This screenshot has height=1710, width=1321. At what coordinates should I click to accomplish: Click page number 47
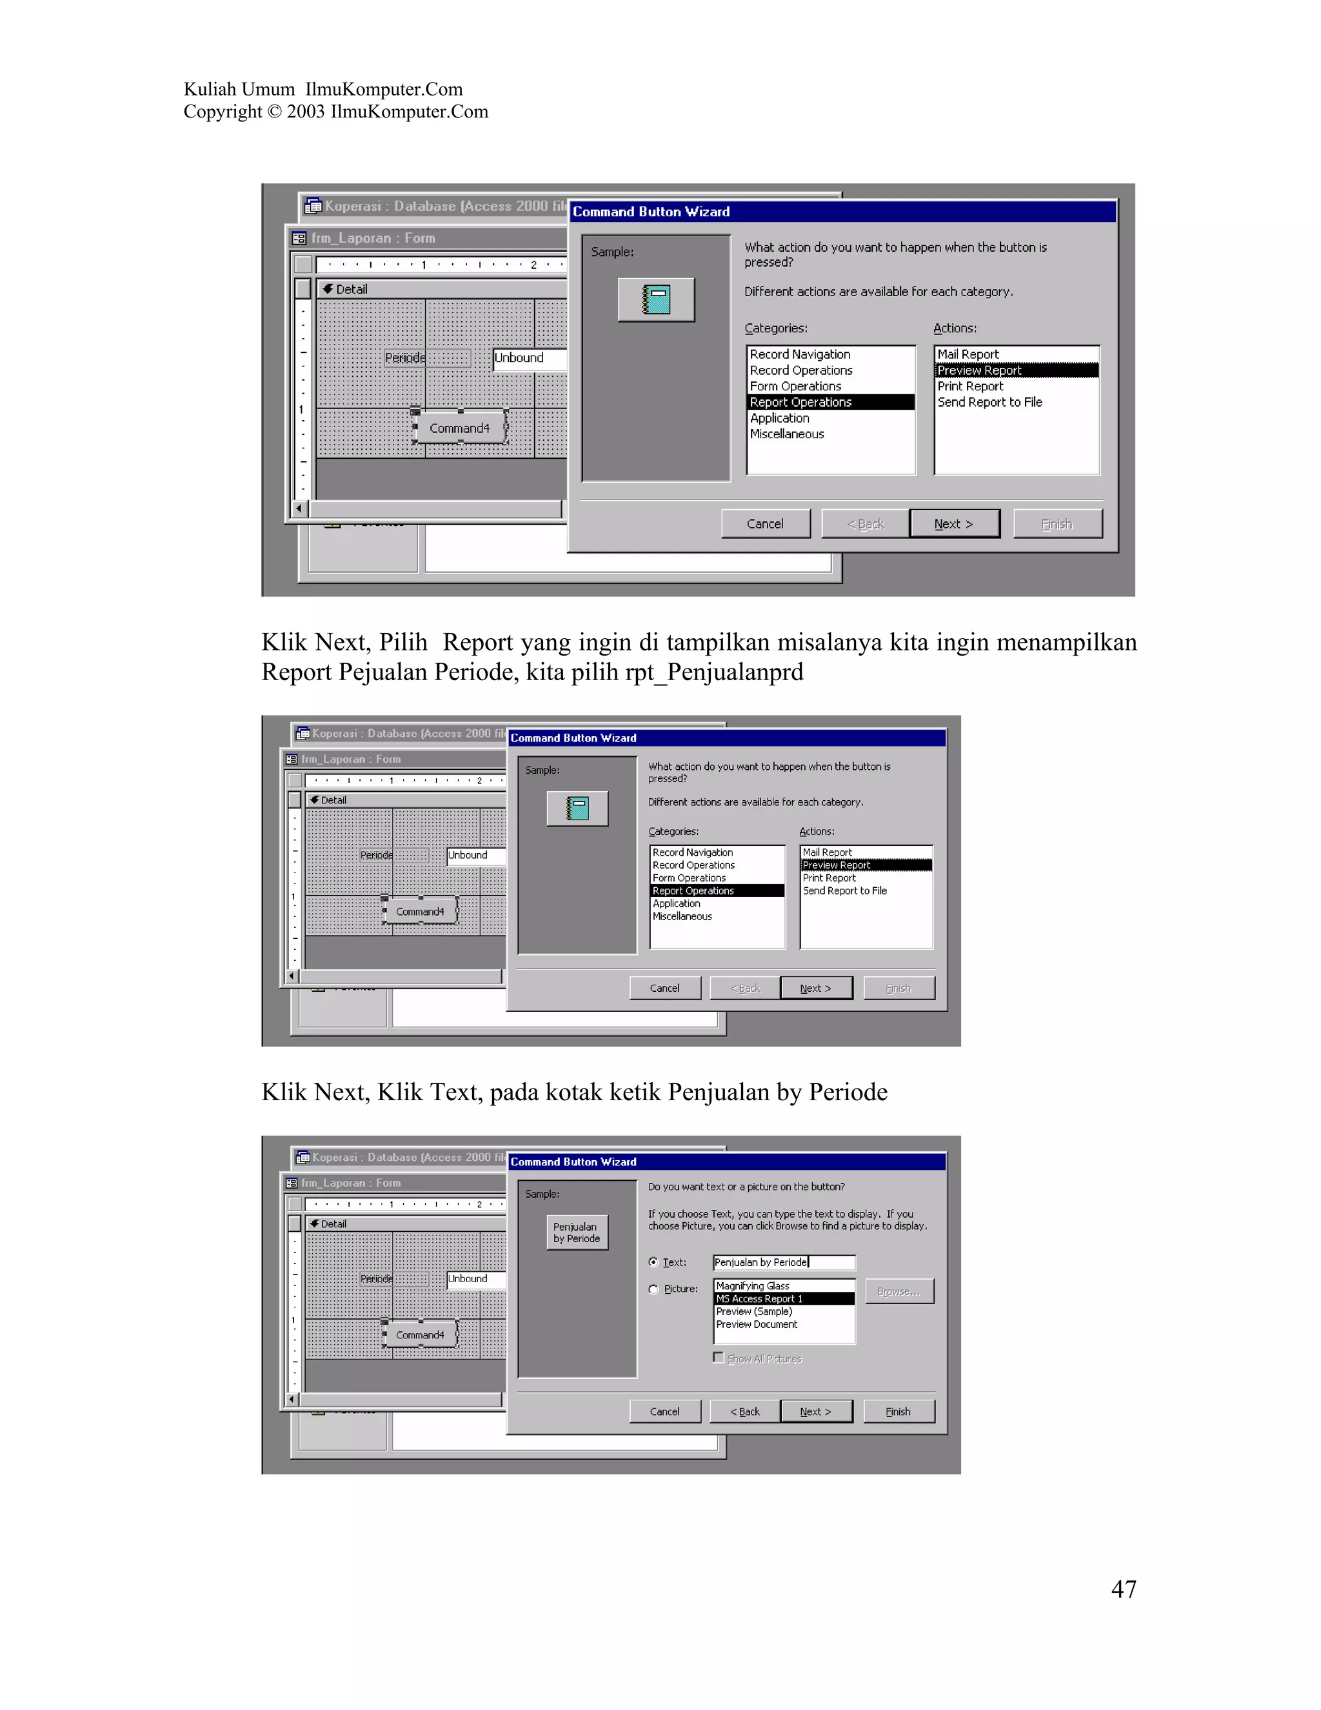pos(1123,1589)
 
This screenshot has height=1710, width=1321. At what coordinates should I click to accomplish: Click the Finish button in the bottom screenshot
pos(898,1411)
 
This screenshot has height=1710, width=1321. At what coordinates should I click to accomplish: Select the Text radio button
pos(653,1262)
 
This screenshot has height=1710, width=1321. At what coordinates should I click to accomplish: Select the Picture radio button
pos(653,1289)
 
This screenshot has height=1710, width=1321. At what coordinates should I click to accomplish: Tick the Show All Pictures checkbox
pos(719,1358)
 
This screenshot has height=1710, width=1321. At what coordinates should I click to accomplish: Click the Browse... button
pos(899,1291)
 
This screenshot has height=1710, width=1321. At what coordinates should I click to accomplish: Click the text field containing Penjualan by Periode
pos(783,1262)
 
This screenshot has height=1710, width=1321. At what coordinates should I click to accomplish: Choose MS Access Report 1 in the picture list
pos(759,1299)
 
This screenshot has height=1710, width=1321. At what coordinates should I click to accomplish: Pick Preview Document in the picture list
pos(757,1325)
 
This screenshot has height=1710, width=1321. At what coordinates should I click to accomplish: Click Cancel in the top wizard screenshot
pos(764,524)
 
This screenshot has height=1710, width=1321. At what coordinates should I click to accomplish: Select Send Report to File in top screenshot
pos(989,401)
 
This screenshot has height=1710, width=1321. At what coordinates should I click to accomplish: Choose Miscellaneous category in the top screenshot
pos(786,434)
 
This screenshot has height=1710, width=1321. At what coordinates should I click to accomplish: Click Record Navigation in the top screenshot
pos(799,354)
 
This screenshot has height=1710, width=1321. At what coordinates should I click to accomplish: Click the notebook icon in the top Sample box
pos(656,300)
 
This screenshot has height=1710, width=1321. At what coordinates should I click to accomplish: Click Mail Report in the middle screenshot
pos(827,852)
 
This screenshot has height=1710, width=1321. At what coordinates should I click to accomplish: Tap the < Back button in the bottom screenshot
pos(744,1411)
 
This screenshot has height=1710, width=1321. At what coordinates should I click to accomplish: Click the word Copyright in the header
pos(223,112)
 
